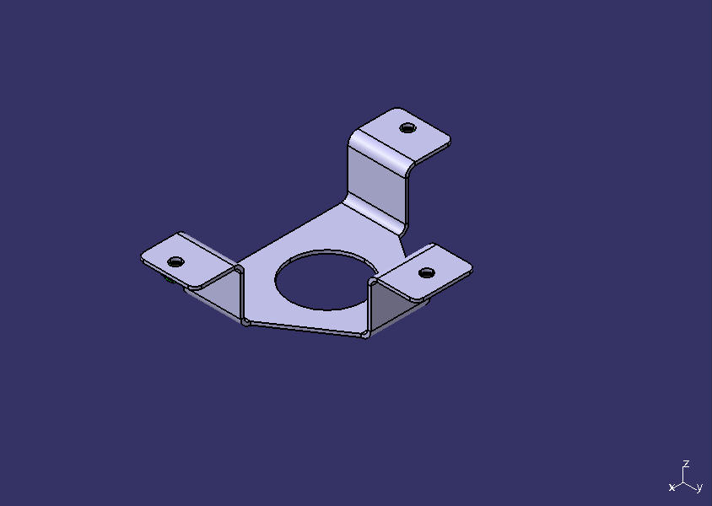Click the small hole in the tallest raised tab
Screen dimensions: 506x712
(407, 128)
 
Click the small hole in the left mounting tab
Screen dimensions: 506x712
(175, 261)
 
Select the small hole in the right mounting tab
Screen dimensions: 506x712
(427, 272)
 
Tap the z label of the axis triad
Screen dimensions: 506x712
(687, 464)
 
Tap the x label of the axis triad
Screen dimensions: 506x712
(672, 487)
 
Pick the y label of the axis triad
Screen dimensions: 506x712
(699, 487)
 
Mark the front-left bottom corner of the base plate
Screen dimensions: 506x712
(245, 322)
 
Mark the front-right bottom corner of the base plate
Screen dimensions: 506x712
(366, 335)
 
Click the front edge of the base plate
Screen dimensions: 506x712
(304, 329)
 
